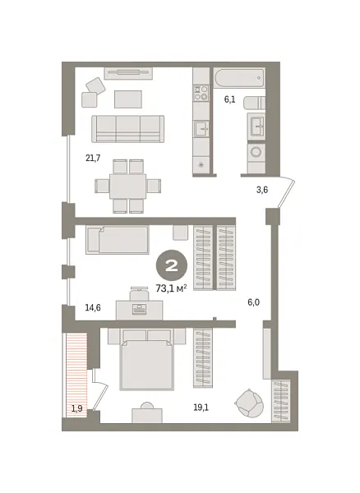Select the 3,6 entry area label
[x=262, y=190]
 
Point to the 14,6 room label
[x=93, y=308]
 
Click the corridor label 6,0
[x=254, y=302]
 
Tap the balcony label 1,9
[x=76, y=408]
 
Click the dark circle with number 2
[x=174, y=265]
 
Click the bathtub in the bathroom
[x=239, y=79]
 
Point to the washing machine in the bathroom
[x=255, y=153]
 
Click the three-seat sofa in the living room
[x=128, y=128]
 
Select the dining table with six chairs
[x=127, y=185]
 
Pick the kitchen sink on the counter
[x=201, y=129]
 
